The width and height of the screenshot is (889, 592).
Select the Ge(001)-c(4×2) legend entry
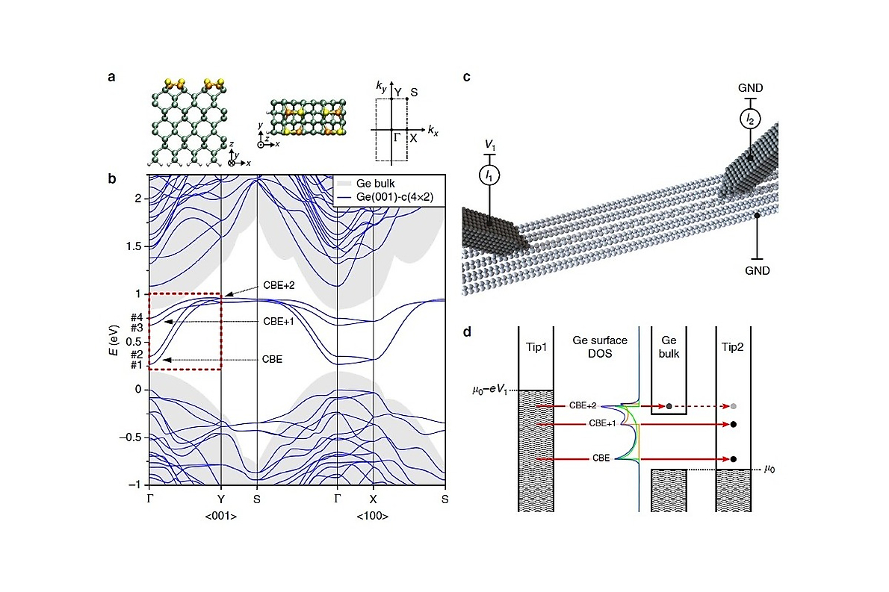point(385,197)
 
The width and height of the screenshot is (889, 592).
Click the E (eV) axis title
point(114,340)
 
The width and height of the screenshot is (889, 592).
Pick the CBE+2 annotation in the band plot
point(279,285)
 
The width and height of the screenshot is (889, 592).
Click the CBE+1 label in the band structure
point(279,321)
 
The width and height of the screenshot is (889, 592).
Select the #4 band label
point(137,317)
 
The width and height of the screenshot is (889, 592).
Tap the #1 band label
point(137,365)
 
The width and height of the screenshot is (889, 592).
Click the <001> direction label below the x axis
point(220,516)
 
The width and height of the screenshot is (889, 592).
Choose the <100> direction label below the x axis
point(373,516)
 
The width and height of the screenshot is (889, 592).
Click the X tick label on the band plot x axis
point(373,499)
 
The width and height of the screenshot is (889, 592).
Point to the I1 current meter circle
point(489,175)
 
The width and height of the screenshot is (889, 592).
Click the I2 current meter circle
point(750,119)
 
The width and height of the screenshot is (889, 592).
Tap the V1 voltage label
point(490,146)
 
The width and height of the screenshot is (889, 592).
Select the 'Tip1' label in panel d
point(536,346)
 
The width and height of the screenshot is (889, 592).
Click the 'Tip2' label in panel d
point(733,346)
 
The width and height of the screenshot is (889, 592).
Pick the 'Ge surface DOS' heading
point(600,346)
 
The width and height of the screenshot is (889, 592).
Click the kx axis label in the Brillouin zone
point(433,131)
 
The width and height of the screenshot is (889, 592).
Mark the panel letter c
point(467,77)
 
